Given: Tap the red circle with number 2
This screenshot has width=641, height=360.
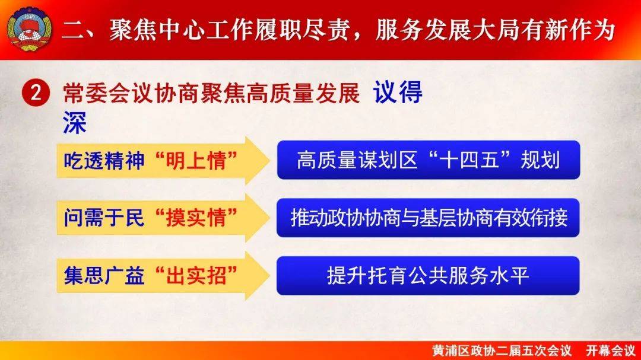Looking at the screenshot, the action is click(36, 93).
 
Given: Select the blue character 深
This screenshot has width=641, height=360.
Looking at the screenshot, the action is click(74, 123).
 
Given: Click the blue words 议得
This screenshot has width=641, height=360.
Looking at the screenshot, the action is click(398, 93).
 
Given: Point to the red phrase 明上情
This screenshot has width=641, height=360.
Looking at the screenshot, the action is click(196, 161).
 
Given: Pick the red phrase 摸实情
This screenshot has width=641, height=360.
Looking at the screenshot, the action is click(196, 218).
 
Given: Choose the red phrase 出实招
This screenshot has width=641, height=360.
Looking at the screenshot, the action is click(196, 275).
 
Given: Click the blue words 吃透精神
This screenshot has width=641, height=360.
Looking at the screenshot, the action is click(104, 161).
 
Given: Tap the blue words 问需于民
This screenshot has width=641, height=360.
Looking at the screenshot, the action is click(104, 218).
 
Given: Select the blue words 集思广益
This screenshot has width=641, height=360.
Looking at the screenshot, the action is click(104, 275).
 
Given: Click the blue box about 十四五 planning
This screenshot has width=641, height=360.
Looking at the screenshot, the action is click(428, 160).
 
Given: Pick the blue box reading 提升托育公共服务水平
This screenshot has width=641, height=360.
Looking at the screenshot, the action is click(428, 275).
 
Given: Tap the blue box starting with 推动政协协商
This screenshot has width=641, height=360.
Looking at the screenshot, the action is click(428, 218).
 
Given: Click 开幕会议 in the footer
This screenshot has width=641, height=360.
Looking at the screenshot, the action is click(610, 351).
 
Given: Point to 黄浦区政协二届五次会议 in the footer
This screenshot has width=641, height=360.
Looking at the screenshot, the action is click(502, 351).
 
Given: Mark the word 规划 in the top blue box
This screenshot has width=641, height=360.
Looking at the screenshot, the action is click(540, 160).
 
